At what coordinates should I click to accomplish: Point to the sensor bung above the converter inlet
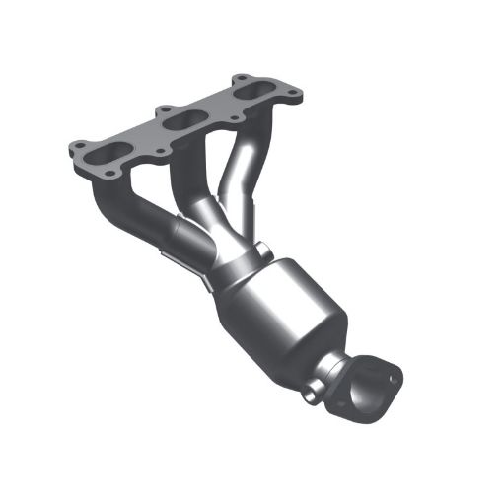[262, 247]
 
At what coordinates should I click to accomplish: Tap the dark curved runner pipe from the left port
[123, 212]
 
